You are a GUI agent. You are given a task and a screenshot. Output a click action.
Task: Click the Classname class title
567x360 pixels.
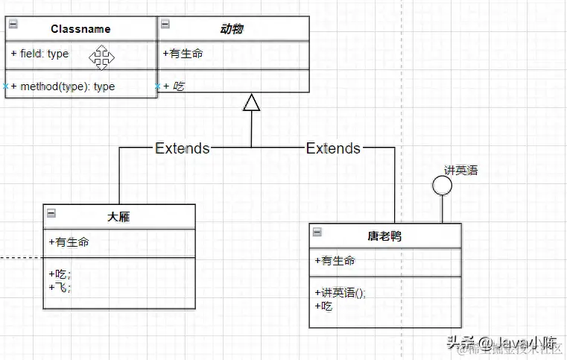tap(80, 29)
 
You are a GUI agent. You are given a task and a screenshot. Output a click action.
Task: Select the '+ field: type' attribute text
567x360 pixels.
tap(39, 54)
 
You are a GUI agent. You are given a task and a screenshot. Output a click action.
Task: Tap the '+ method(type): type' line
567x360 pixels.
tap(63, 86)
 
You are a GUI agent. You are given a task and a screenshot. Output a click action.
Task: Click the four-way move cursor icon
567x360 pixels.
tap(101, 56)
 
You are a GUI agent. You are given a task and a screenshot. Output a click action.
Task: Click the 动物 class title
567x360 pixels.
tap(231, 29)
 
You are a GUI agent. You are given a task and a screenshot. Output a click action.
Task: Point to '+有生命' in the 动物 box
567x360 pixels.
tap(183, 54)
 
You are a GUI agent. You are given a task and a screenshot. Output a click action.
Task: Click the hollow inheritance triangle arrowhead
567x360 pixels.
tap(252, 102)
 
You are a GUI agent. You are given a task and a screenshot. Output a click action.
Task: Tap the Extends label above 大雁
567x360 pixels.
tap(182, 148)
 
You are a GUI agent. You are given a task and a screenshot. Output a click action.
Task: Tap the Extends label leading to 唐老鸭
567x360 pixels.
tap(333, 148)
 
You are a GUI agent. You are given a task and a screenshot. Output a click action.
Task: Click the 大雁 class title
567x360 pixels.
tap(119, 217)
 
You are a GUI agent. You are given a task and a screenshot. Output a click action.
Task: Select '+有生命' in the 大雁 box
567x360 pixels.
tap(69, 241)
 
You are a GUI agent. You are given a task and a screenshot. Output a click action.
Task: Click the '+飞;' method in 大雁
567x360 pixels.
tap(60, 287)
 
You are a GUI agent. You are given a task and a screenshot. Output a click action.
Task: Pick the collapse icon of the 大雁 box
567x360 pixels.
tap(51, 213)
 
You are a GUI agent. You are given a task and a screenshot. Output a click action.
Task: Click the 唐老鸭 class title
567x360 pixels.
tap(385, 236)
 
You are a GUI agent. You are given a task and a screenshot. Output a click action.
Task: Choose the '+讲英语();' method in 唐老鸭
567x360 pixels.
tap(340, 293)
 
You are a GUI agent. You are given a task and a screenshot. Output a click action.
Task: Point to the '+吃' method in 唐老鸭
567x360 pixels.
tap(323, 306)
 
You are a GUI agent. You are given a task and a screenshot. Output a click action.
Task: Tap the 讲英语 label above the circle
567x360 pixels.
tap(460, 170)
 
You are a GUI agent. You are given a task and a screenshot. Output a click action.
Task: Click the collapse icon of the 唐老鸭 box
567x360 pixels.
tap(317, 233)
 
